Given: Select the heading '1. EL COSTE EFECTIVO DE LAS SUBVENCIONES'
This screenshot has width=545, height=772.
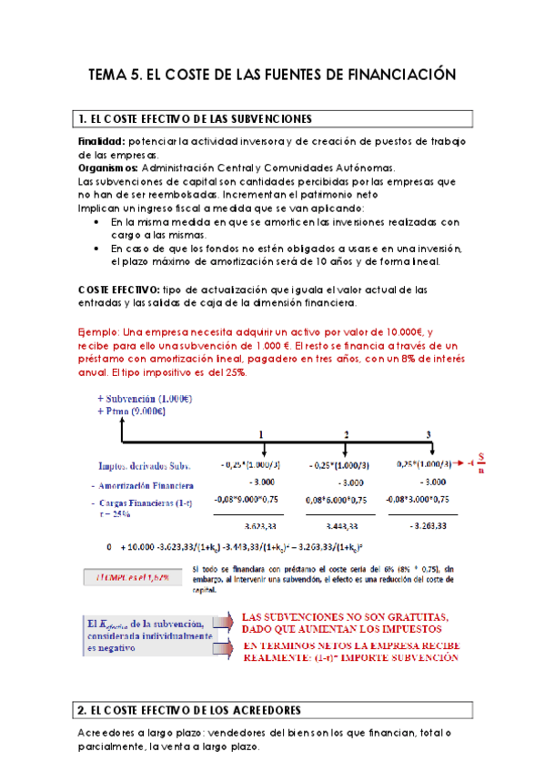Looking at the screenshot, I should click(x=196, y=119).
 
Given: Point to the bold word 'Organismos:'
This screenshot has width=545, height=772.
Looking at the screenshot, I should click(x=108, y=168).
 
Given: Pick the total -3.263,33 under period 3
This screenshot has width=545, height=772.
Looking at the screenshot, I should click(x=426, y=526).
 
